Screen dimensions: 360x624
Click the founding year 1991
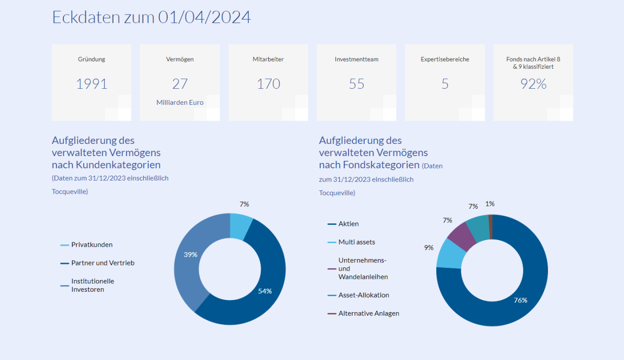tap(92, 84)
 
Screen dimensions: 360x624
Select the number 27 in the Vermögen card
tap(180, 84)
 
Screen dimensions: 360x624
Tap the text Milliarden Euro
tap(180, 102)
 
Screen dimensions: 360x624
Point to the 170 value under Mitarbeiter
tap(268, 84)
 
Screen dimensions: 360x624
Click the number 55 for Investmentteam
tap(356, 84)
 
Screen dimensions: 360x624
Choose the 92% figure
tap(533, 84)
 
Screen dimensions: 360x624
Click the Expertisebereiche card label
tap(445, 60)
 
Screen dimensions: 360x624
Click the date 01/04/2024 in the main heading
tap(204, 17)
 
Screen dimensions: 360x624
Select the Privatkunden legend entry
tap(92, 245)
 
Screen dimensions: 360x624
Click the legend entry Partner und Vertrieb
tap(102, 263)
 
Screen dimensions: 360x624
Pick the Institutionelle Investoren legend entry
tap(93, 285)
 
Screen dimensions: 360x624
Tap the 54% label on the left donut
tap(265, 291)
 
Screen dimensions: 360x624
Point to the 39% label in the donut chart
tap(191, 255)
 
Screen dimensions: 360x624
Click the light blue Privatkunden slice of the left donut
tap(241, 226)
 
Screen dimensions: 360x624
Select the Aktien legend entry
tap(348, 224)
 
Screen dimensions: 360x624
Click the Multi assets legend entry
tap(356, 242)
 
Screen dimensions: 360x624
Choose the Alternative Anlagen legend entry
tap(369, 314)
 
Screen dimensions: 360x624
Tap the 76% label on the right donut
tap(520, 300)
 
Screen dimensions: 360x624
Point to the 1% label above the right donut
tap(490, 204)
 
